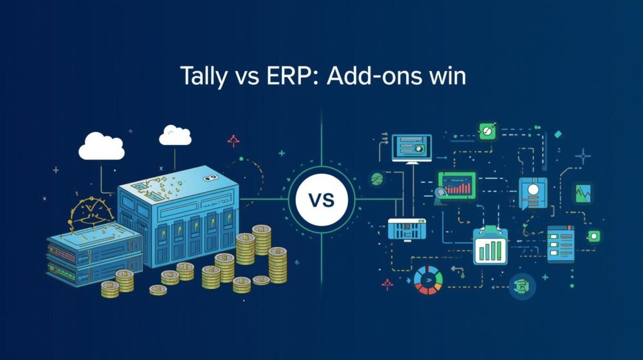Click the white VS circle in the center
point(321,201)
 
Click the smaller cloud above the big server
point(175,135)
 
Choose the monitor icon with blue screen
point(411,148)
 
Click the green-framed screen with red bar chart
point(457,187)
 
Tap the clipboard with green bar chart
point(490,246)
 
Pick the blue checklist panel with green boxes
point(560,243)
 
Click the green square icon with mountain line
point(583,193)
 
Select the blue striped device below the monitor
point(407,229)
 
